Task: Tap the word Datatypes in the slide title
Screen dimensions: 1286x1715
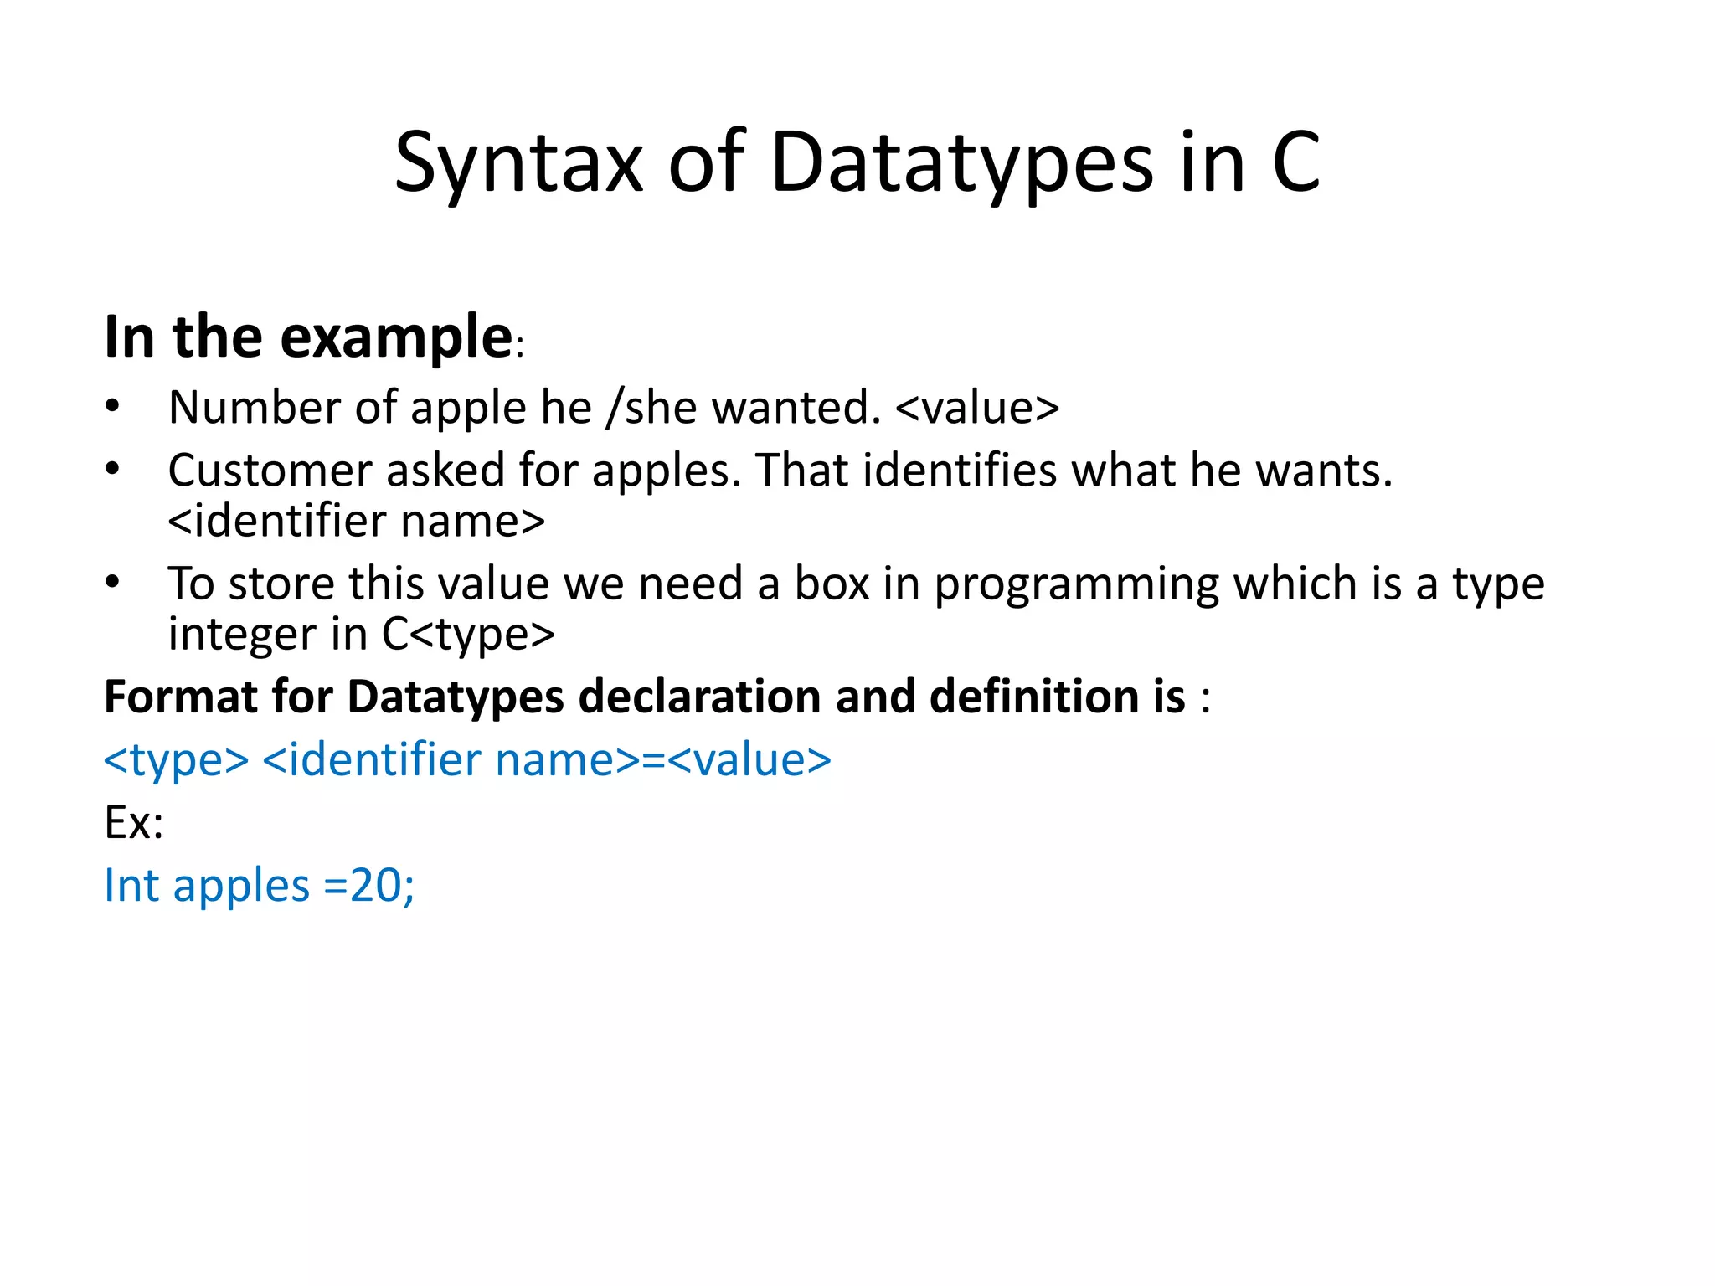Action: pos(961,163)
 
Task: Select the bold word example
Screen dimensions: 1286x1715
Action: pos(395,337)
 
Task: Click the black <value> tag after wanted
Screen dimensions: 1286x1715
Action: pos(977,409)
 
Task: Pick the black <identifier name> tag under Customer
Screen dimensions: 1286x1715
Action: pos(356,522)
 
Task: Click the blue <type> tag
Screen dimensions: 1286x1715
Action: pos(176,760)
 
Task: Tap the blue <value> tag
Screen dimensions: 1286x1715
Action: pos(749,760)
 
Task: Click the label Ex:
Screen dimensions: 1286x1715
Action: pos(133,823)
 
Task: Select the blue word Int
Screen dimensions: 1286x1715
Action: pos(131,886)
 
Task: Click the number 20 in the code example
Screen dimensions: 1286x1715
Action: pos(375,886)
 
